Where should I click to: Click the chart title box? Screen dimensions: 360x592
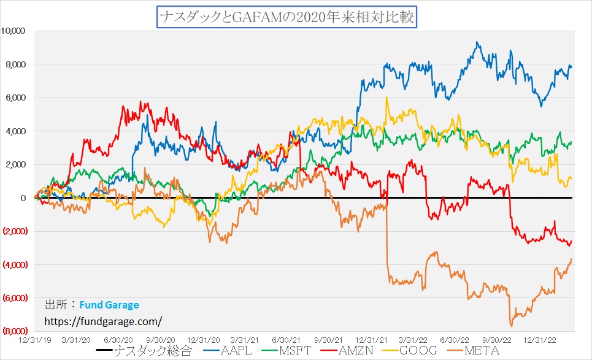pos(287,17)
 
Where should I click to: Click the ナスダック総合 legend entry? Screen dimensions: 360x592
pos(147,351)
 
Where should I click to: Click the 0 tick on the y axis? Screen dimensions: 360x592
pos(23,198)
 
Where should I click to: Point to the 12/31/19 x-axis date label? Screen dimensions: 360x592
pos(34,339)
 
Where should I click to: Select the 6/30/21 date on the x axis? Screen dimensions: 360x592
pos(285,339)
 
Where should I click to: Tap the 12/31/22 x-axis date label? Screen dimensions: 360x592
pos(539,339)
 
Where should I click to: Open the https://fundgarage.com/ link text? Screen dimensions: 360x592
pos(104,321)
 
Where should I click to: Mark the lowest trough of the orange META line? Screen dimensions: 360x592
pos(510,326)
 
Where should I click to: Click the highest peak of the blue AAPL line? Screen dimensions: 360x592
pos(477,42)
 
